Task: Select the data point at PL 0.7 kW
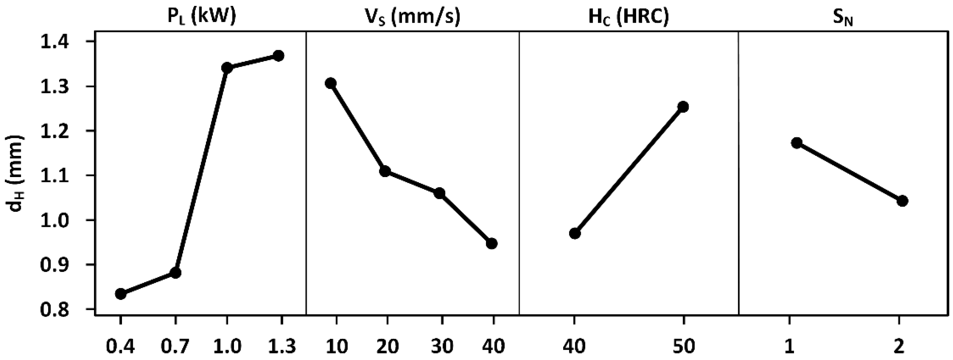click(x=175, y=273)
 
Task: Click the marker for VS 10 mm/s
click(x=331, y=83)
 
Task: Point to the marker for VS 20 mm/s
click(x=385, y=171)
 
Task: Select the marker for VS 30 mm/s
click(x=440, y=193)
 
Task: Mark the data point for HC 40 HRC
click(x=575, y=233)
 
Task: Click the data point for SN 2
click(x=902, y=201)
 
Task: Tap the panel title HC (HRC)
click(x=629, y=17)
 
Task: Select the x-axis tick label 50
click(x=683, y=346)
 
